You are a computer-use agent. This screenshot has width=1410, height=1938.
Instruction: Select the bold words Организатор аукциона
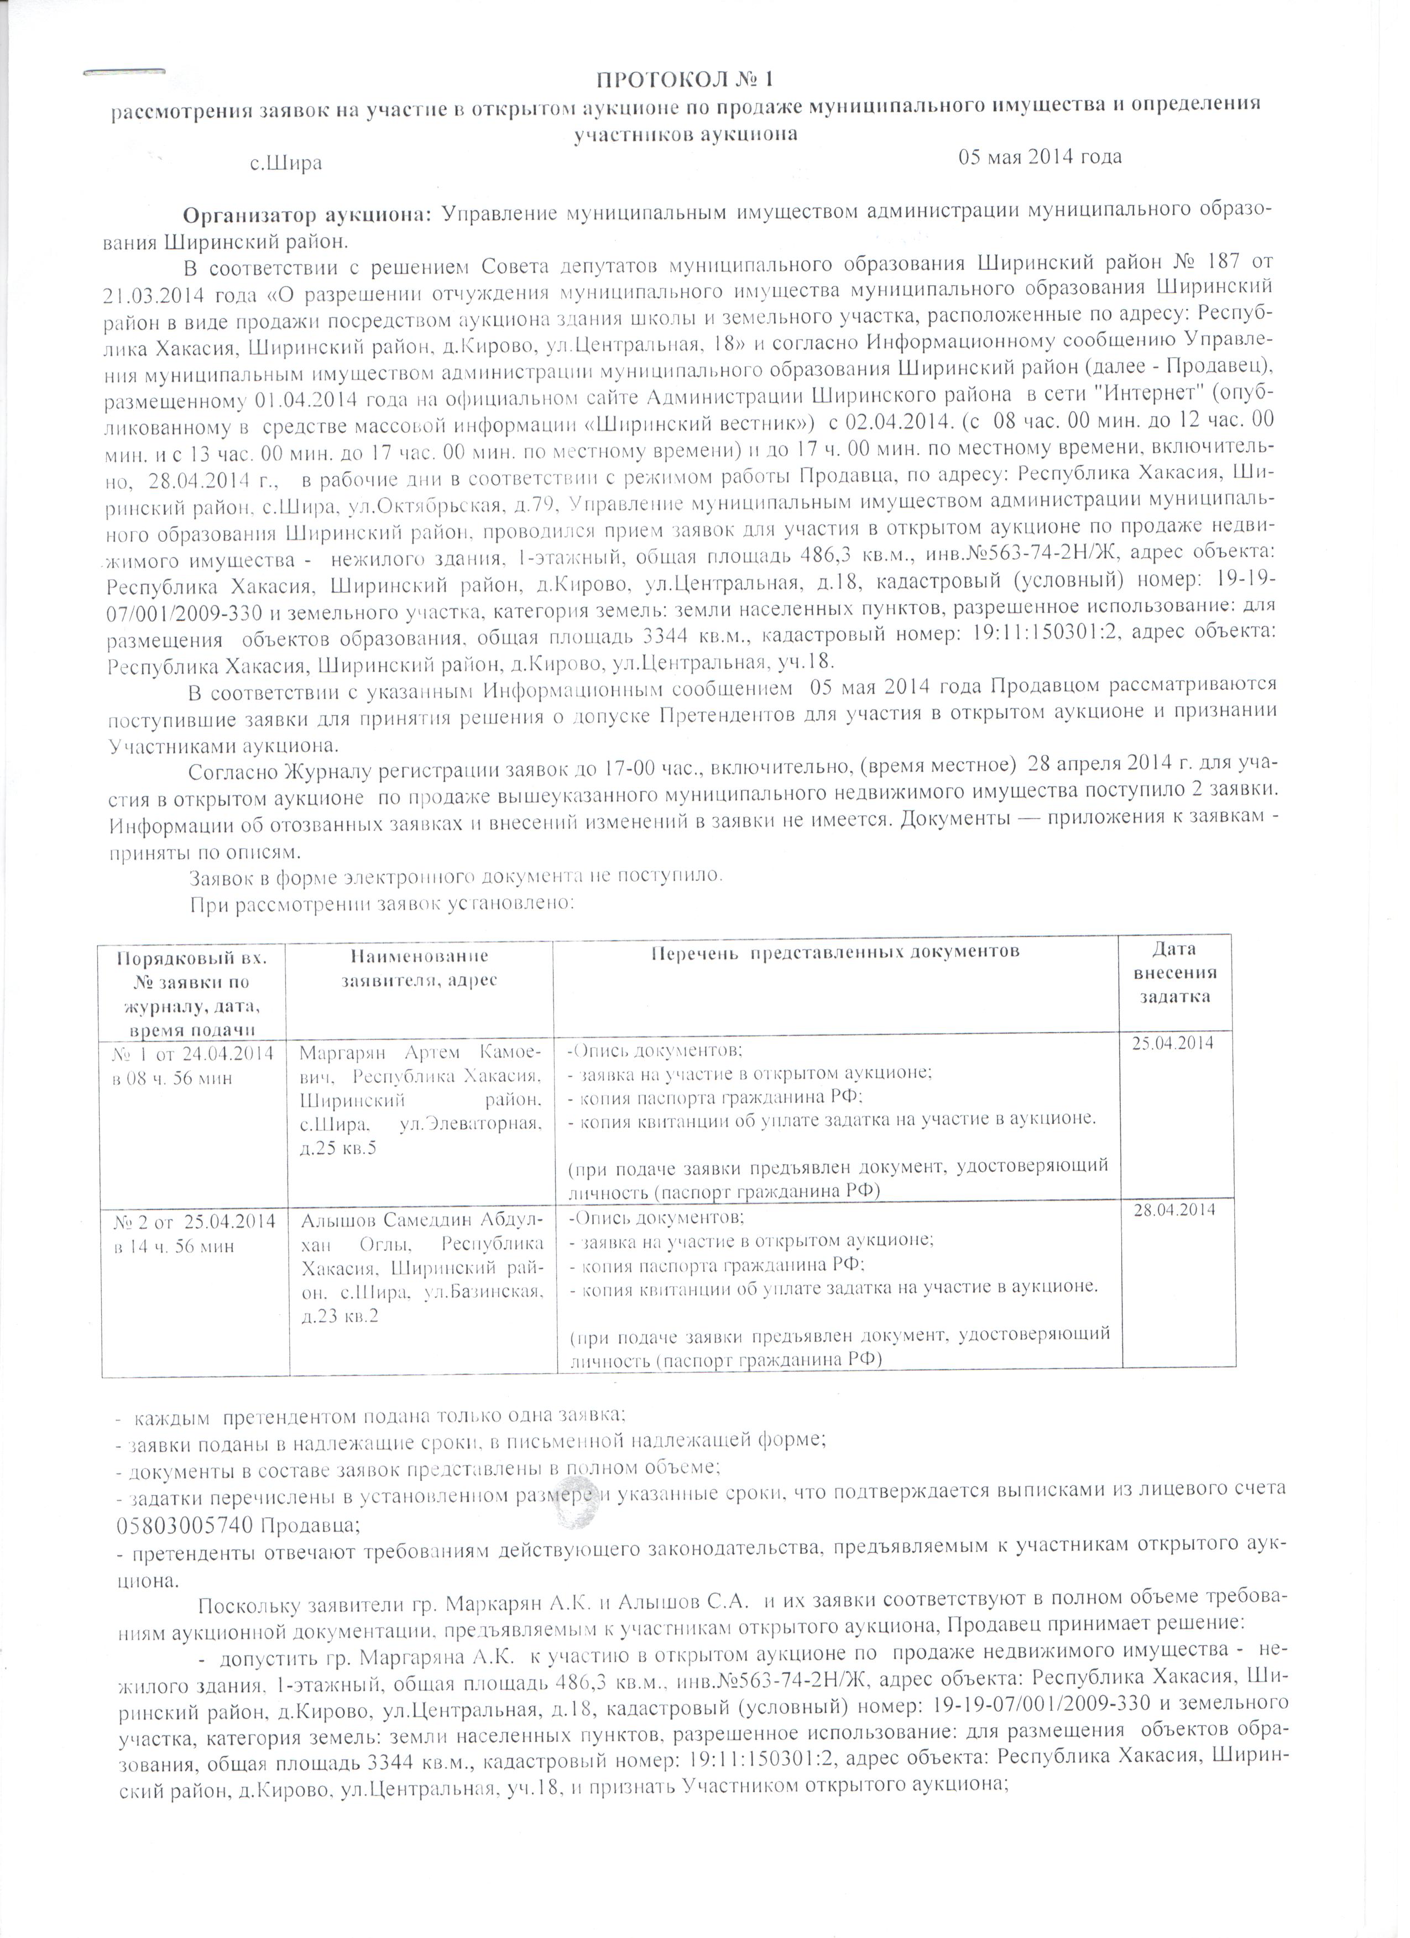[x=309, y=213]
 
